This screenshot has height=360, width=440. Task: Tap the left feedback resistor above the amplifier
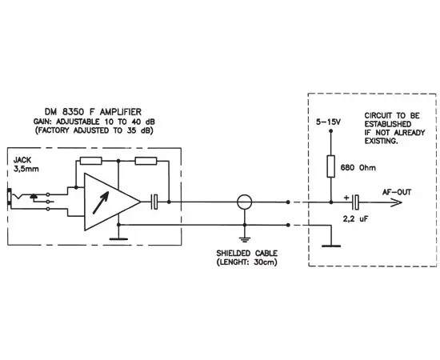coord(90,161)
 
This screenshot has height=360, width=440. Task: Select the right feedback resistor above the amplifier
coord(146,161)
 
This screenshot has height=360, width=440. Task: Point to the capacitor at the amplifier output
coord(158,202)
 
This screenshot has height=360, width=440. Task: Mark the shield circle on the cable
coord(245,202)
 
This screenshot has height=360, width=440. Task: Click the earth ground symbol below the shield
coord(245,237)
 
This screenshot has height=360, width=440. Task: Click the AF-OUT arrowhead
coord(393,202)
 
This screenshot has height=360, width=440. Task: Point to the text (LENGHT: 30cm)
coord(246,263)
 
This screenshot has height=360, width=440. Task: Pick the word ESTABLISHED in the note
coord(388,125)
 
